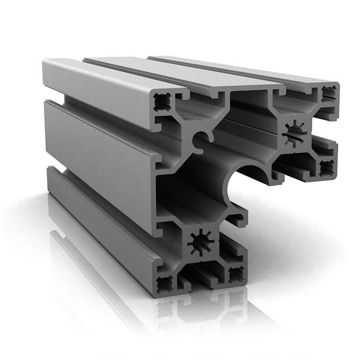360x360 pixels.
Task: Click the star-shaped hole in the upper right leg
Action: pyautogui.click(x=297, y=133)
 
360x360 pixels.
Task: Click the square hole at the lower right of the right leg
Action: pyautogui.click(x=326, y=168)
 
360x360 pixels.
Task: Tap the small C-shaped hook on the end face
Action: pyautogui.click(x=202, y=137)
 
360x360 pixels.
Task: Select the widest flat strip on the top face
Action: pyautogui.click(x=185, y=73)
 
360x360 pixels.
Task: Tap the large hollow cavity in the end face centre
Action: pyautogui.click(x=191, y=191)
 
